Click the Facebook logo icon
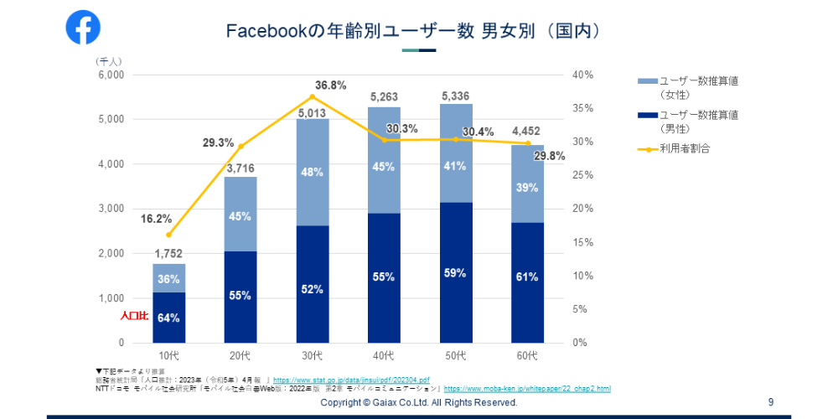tap(83, 27)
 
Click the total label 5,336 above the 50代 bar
tap(455, 96)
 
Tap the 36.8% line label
tap(331, 85)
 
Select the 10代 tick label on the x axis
tap(168, 356)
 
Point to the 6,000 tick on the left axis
tap(111, 75)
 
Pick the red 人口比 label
tap(134, 317)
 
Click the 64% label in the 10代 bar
tap(168, 317)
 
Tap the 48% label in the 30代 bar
tap(312, 173)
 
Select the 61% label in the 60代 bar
tap(527, 277)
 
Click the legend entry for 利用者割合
tap(685, 149)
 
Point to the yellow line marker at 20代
tap(241, 146)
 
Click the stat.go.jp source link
tap(351, 380)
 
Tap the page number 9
tap(770, 403)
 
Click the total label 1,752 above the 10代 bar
tap(168, 254)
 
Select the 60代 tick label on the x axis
tap(527, 356)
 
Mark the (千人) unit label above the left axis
tap(109, 61)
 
